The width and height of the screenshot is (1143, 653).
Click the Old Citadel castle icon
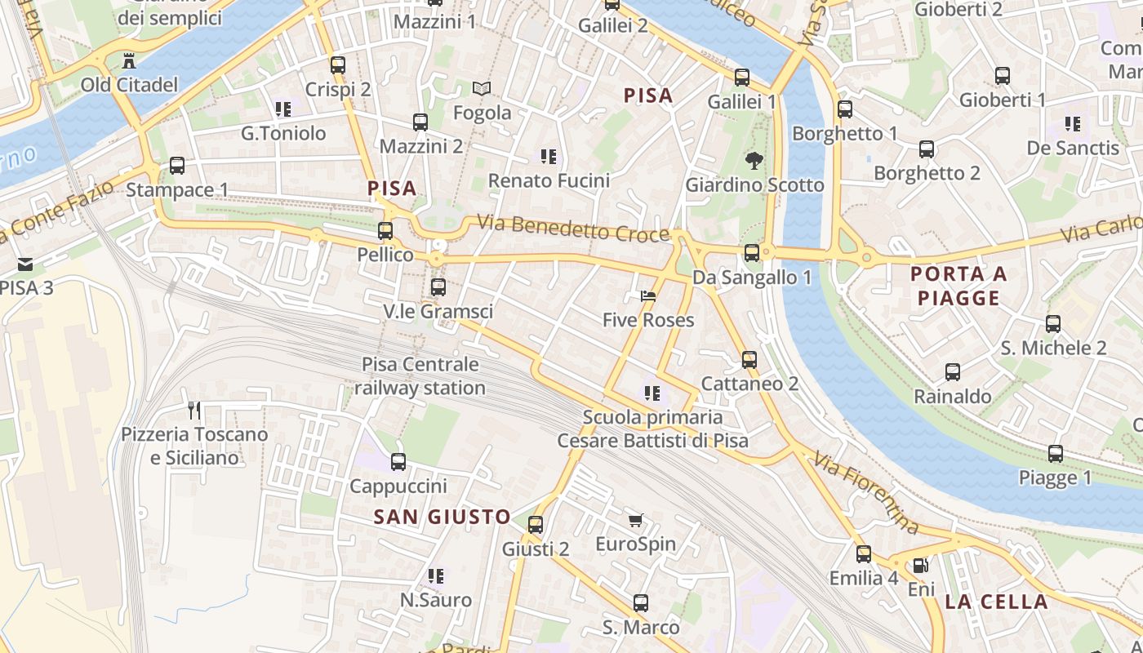pos(128,60)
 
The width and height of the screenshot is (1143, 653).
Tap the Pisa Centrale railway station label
pos(420,376)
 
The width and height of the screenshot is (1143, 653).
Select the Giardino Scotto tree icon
pos(754,161)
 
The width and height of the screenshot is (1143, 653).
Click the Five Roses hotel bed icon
pos(648,295)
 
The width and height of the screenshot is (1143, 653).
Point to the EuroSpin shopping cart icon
pos(635,520)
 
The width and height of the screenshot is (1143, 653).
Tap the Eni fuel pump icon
pos(920,565)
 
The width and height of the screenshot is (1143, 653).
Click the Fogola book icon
pos(482,88)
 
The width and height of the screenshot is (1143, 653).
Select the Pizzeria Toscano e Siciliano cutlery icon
pos(194,410)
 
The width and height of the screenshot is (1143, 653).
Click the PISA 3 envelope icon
pos(25,264)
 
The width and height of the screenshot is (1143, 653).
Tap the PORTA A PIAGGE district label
pos(958,286)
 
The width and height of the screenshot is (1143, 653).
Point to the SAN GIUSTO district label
pos(442,517)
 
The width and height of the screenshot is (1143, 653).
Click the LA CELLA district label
pos(996,602)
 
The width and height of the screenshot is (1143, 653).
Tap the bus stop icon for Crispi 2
pos(338,65)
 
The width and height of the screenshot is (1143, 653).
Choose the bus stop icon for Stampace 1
pos(177,166)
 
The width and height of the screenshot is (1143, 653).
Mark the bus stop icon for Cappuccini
pos(398,462)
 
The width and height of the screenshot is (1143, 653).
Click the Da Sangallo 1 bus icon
pos(752,253)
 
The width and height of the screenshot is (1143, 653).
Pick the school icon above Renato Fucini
pos(548,156)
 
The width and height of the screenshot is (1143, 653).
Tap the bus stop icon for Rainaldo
pos(953,372)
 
